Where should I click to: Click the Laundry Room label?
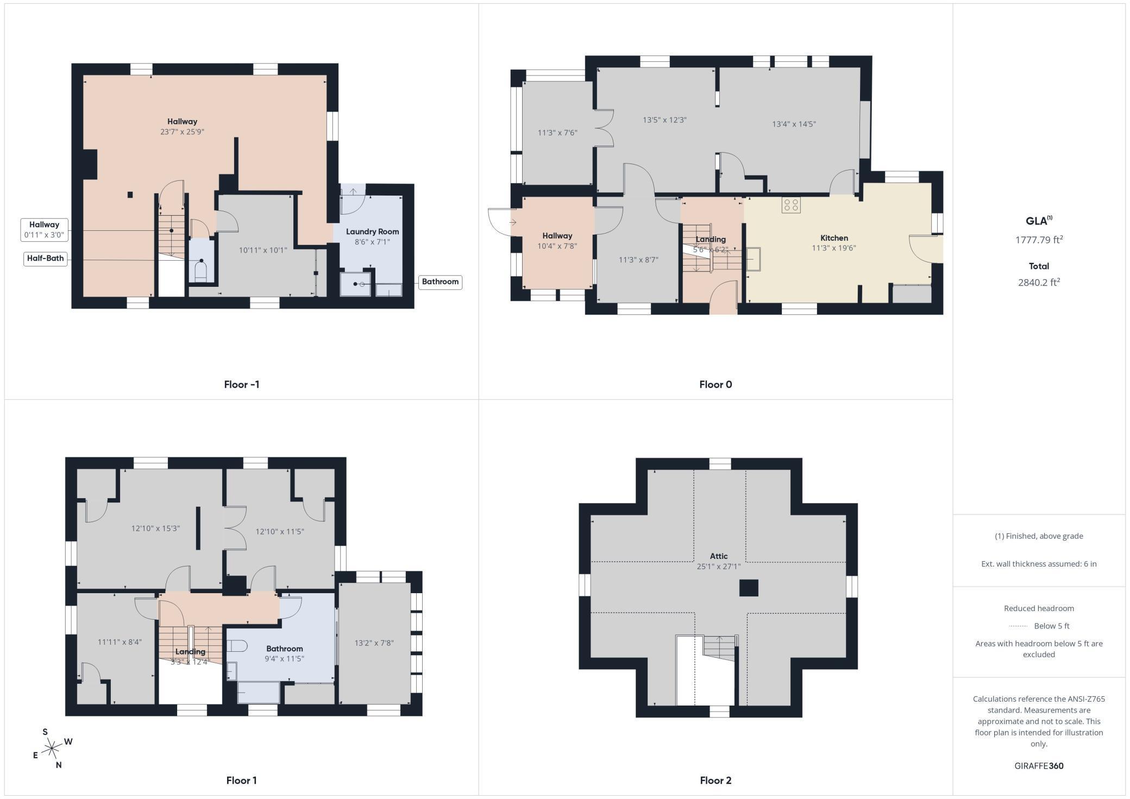[x=372, y=231]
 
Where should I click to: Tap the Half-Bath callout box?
[x=46, y=259]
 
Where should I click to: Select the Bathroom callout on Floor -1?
[x=440, y=282]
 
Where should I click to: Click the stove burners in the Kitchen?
[x=791, y=205]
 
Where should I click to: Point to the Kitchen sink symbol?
[x=754, y=259]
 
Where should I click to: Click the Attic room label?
[x=718, y=556]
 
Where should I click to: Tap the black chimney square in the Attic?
[x=749, y=588]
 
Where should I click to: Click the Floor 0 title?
[x=715, y=385]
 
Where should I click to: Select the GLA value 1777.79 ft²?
[x=1039, y=240]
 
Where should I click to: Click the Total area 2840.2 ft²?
[x=1039, y=282]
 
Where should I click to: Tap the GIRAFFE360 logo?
[x=1039, y=766]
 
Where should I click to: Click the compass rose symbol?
[x=52, y=750]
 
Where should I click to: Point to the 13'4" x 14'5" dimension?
[x=794, y=124]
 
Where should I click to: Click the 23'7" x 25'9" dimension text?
[x=182, y=131]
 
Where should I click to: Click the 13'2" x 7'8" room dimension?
[x=374, y=643]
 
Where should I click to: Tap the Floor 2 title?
[x=715, y=781]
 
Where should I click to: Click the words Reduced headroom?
[x=1039, y=608]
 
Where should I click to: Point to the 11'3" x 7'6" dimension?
[x=557, y=133]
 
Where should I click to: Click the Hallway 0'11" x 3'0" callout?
[x=45, y=230]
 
